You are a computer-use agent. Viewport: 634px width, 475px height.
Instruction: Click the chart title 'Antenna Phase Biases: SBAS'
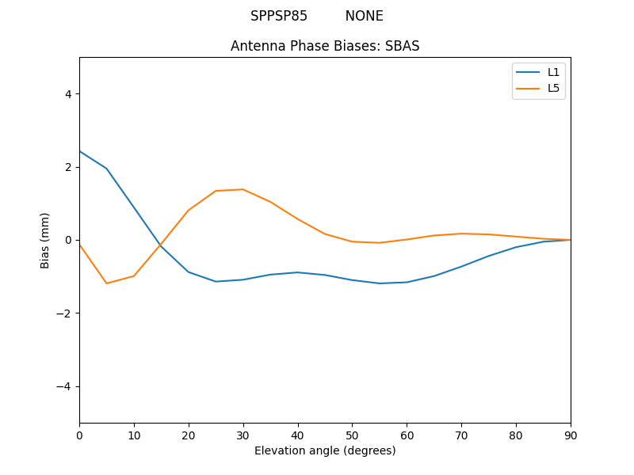(325, 46)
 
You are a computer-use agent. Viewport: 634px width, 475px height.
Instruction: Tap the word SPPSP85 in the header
(279, 16)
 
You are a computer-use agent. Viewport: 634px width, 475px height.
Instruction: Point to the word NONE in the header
(364, 16)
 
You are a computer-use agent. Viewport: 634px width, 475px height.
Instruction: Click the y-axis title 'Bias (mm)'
(45, 240)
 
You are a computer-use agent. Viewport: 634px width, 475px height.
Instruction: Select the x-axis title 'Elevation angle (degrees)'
(325, 450)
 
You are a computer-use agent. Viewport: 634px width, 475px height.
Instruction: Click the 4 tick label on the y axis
(67, 94)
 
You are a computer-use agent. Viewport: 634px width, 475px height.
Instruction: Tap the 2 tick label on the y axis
(67, 167)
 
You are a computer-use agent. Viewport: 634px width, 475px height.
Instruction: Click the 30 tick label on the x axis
(243, 435)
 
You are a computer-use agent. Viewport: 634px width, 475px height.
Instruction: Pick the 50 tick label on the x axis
(352, 435)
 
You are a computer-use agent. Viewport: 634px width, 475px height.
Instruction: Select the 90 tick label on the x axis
(571, 435)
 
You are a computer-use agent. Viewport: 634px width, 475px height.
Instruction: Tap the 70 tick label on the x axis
(461, 435)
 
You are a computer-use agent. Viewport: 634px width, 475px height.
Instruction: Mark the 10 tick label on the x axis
(134, 435)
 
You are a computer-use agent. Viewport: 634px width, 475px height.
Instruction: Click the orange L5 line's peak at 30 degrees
(243, 189)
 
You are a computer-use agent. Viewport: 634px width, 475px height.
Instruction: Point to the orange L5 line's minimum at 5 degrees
(106, 283)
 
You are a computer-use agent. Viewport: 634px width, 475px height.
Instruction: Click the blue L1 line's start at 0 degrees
(80, 151)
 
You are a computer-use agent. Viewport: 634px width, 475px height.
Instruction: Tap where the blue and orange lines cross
(160, 245)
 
